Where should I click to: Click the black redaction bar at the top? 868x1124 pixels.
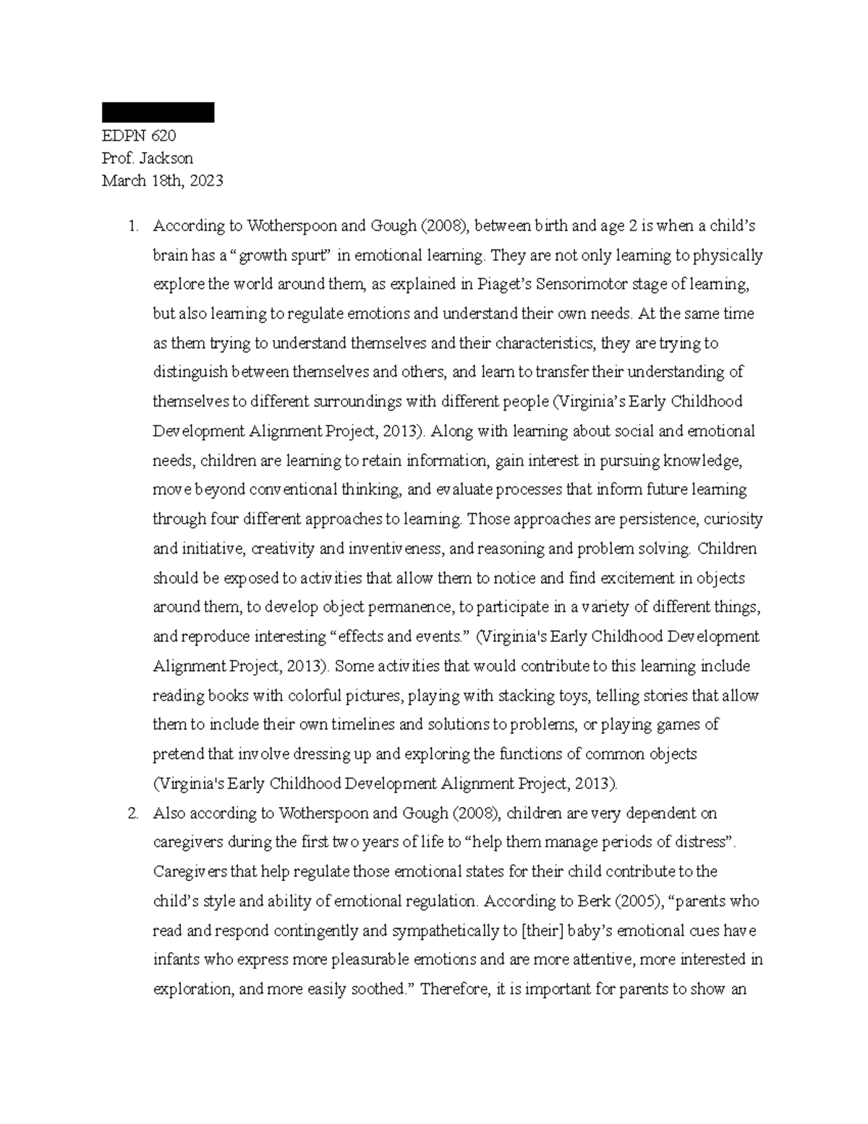[x=158, y=112]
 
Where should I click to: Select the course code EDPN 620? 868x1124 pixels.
[x=139, y=136]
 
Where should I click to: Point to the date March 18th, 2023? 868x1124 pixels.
[x=162, y=181]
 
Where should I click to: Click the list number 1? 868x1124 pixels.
[x=132, y=226]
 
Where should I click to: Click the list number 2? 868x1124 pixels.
[x=132, y=814]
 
